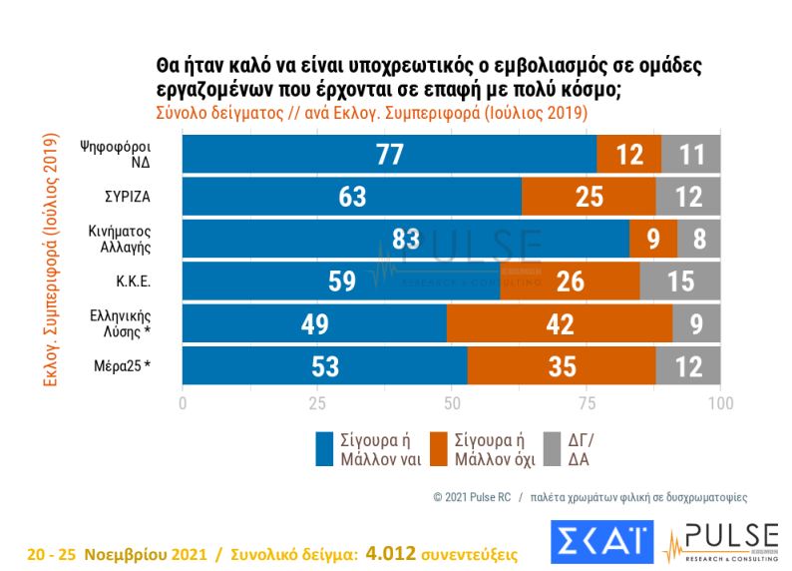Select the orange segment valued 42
pos(560,323)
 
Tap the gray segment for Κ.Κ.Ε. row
pos(680,282)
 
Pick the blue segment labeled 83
pos(405,240)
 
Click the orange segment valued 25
pos(589,197)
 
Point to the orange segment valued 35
pos(562,365)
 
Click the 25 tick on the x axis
pos(317,404)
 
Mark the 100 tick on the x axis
pos(719,404)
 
